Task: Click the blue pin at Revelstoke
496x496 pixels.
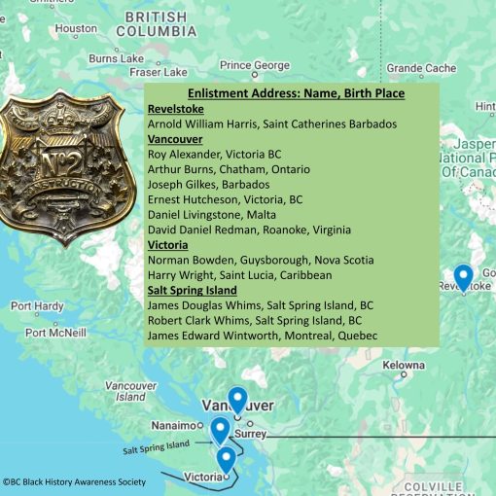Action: tap(463, 277)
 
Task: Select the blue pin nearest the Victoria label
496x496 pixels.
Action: tap(226, 458)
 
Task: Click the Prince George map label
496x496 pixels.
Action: tap(255, 65)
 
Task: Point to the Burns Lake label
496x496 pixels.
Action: tap(116, 59)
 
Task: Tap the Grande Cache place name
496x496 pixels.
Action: tap(420, 68)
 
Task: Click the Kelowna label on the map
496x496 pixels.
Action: tap(404, 366)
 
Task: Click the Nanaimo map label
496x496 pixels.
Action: tap(174, 426)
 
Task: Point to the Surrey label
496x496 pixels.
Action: tap(251, 434)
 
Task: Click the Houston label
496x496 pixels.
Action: tap(76, 29)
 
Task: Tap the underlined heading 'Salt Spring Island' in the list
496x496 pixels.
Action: tap(192, 290)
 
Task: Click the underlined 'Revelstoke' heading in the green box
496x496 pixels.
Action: tap(175, 109)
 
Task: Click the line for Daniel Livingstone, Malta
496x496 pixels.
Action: tap(212, 214)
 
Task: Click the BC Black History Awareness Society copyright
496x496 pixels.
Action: tap(74, 481)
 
